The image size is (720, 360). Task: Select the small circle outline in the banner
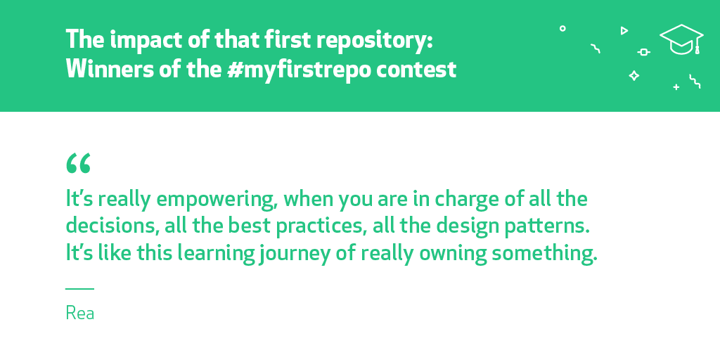(x=562, y=28)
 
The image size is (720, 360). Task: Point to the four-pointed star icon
(x=634, y=76)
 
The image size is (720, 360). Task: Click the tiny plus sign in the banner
(x=676, y=86)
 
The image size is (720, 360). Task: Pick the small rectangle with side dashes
(x=644, y=52)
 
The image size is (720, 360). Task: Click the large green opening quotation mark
(x=78, y=163)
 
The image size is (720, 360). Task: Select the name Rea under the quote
(x=80, y=313)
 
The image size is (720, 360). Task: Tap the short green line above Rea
(x=80, y=289)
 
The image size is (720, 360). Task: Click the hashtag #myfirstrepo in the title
(x=298, y=70)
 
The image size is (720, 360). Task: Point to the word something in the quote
(x=545, y=255)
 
